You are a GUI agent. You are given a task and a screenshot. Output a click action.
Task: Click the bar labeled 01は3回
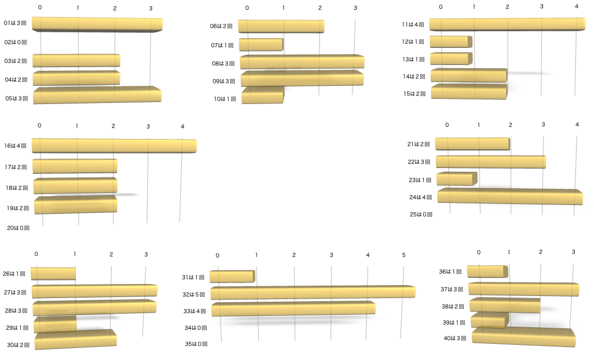click(x=97, y=24)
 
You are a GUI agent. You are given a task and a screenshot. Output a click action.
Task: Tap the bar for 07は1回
click(x=261, y=45)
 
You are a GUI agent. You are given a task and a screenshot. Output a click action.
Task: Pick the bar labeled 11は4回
click(x=507, y=24)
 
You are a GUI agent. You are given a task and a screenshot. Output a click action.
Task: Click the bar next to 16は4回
click(x=113, y=146)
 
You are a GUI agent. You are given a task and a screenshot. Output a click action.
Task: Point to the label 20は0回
click(x=18, y=228)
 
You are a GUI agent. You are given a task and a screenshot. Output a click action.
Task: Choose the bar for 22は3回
click(x=490, y=162)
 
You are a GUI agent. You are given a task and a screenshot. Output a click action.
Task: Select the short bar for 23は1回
click(x=456, y=179)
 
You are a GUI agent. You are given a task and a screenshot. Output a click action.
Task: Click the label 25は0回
click(x=421, y=214)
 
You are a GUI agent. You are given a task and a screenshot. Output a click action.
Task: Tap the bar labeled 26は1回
click(x=53, y=274)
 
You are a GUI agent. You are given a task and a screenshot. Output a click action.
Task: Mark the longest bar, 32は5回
click(x=312, y=292)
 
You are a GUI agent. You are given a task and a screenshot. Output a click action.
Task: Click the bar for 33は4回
click(x=293, y=309)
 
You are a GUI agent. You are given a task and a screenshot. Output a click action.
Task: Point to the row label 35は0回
click(x=196, y=344)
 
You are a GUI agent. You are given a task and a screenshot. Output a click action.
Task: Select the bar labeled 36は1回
click(x=486, y=272)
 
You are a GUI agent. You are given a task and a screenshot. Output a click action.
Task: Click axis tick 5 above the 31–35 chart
click(x=403, y=255)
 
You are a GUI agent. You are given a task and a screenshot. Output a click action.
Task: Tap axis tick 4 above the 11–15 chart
click(x=576, y=6)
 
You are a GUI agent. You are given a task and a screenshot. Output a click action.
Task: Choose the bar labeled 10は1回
click(x=262, y=96)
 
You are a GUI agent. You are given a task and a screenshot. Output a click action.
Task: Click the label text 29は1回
click(x=18, y=328)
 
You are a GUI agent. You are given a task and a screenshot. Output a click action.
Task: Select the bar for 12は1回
click(x=450, y=42)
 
